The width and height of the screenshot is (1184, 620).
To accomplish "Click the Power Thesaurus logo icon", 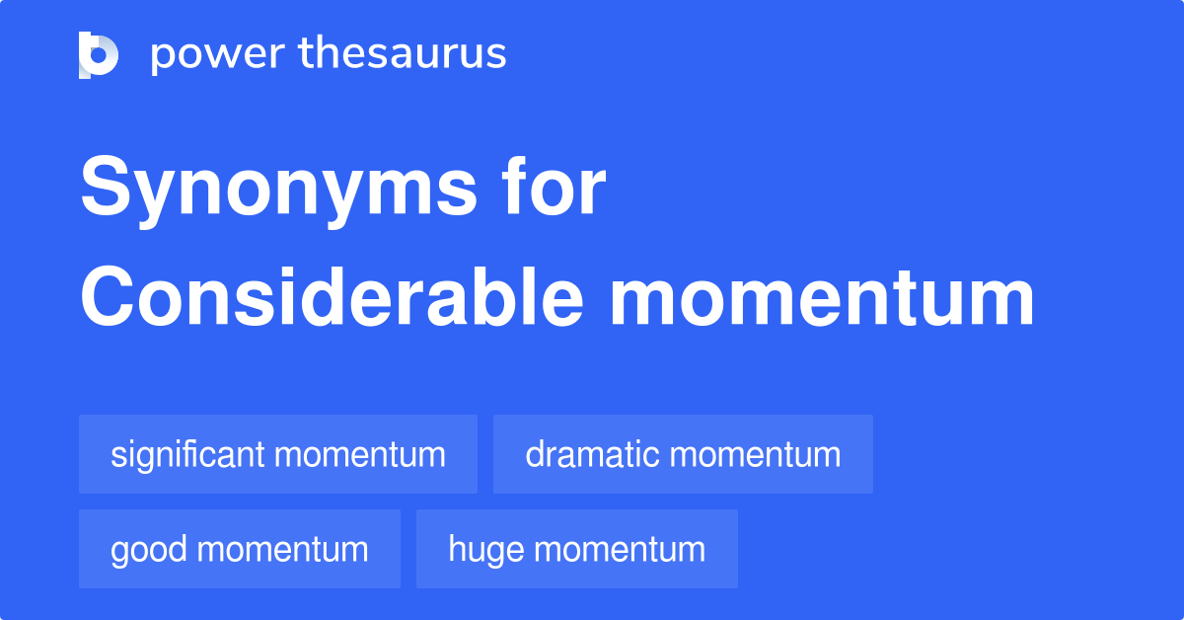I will [x=99, y=54].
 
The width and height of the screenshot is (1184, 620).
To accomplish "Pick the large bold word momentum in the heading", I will [x=821, y=300].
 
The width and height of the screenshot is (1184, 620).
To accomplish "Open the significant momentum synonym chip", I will [x=278, y=454].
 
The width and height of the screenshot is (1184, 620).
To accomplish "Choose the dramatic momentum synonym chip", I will [x=683, y=454].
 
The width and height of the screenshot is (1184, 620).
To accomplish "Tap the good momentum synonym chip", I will [x=240, y=549].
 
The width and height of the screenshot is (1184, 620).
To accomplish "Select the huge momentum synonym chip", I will [x=577, y=549].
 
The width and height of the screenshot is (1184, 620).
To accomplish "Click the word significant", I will [x=187, y=454].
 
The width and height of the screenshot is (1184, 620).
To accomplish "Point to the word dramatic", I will [x=592, y=454].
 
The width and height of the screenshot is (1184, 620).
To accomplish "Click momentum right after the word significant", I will [x=360, y=455].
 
